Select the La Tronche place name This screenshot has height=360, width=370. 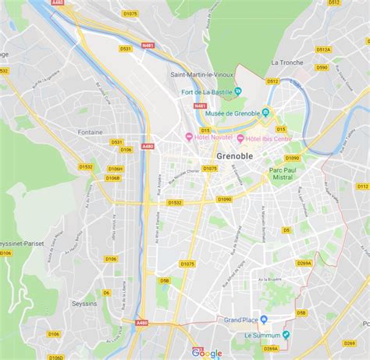click(x=286, y=62)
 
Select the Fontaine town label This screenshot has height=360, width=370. click(x=91, y=132)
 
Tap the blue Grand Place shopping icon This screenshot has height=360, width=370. click(x=263, y=319)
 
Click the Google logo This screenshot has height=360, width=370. click(x=207, y=352)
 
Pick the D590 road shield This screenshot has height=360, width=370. click(x=322, y=67)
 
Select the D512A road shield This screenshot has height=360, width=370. click(x=323, y=49)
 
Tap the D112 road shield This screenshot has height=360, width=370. click(x=362, y=187)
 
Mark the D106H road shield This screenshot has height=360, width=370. click(x=116, y=169)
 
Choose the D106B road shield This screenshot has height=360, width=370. click(x=112, y=177)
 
